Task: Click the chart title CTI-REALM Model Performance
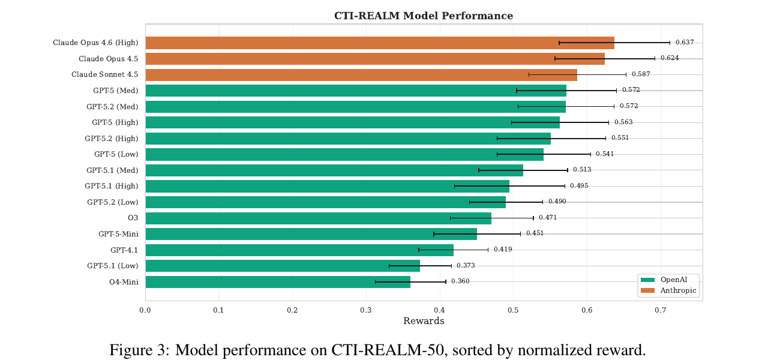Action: (x=423, y=16)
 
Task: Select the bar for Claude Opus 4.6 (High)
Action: (x=379, y=43)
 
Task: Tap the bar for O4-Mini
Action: (x=277, y=281)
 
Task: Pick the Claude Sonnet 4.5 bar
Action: (x=361, y=74)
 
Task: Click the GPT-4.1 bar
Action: (x=299, y=250)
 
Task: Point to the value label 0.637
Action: (x=685, y=43)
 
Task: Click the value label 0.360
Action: (x=460, y=281)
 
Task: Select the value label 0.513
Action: (x=581, y=170)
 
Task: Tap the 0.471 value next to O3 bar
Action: (x=547, y=218)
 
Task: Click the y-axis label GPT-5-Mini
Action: (x=118, y=233)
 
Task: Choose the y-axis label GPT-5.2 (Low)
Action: (x=112, y=202)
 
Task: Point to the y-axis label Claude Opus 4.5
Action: (x=108, y=59)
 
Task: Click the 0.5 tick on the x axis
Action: (x=513, y=310)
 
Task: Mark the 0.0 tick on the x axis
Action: (x=145, y=310)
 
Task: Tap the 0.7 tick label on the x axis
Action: (x=660, y=310)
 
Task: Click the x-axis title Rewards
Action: (x=423, y=322)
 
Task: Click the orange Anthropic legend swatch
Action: (x=647, y=290)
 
